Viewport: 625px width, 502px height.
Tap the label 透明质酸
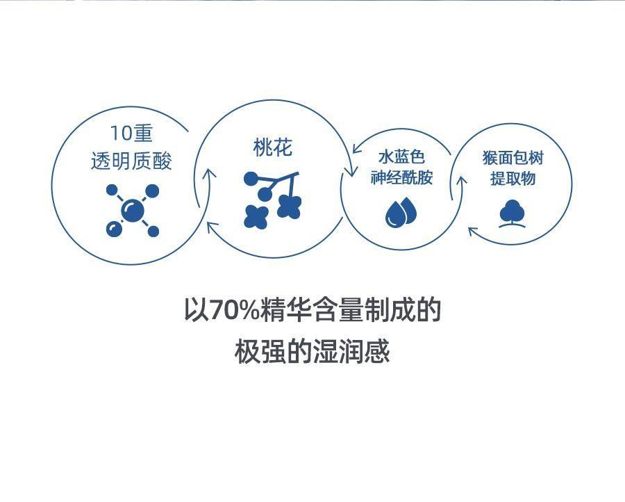click(131, 161)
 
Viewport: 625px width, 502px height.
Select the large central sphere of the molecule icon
click(132, 210)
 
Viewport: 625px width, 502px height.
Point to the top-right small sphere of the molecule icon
click(152, 190)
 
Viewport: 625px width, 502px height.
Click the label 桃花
click(273, 147)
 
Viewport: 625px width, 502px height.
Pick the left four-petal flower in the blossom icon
click(256, 216)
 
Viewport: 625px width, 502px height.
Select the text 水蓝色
click(401, 157)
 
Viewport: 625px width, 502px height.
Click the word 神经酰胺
click(401, 177)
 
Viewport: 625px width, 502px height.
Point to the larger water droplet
click(394, 215)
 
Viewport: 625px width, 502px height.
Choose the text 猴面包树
click(513, 158)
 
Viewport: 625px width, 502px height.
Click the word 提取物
click(513, 178)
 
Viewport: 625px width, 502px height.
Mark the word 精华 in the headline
click(287, 311)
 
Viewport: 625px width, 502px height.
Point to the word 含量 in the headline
click(338, 311)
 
